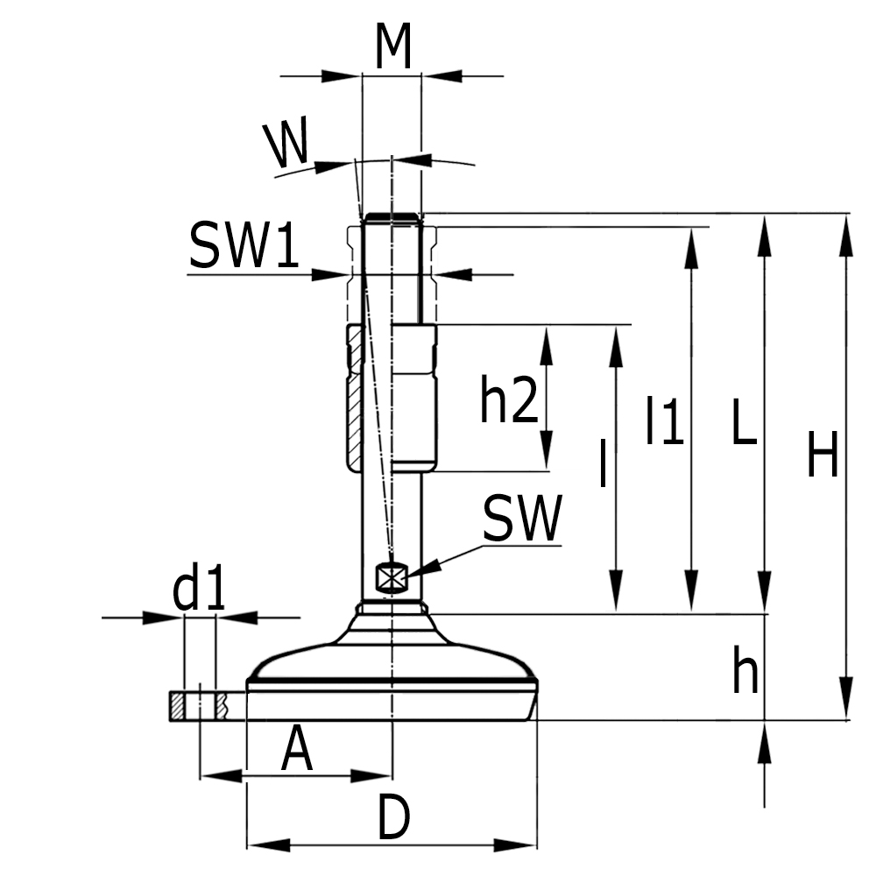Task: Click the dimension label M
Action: click(392, 48)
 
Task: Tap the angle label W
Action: click(287, 145)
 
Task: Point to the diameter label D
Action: click(393, 819)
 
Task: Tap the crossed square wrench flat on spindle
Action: click(391, 576)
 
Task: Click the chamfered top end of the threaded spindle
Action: click(392, 218)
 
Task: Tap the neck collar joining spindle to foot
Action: click(392, 607)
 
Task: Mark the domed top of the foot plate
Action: click(392, 653)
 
